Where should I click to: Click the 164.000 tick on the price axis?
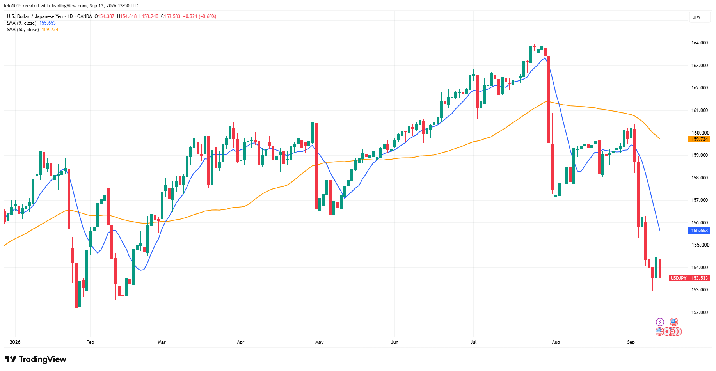700,43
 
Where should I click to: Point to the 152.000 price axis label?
700,312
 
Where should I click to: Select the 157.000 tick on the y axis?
700,200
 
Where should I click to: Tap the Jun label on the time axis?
394,342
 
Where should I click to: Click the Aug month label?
556,342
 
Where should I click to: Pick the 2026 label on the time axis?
15,342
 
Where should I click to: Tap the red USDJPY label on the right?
678,278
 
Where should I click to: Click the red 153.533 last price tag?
700,278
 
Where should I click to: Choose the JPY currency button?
697,18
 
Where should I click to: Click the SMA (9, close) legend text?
21,23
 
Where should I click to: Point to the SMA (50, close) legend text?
23,30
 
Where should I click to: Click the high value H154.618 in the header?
127,16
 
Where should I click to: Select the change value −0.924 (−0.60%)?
200,16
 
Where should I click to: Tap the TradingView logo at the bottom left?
36,359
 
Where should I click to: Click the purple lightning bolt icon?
660,322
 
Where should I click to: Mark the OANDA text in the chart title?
85,16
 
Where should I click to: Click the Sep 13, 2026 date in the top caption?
103,6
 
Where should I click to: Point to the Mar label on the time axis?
162,342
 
